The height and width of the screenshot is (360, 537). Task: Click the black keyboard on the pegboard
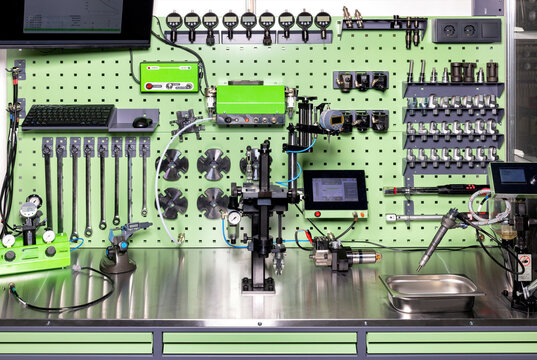[67, 116]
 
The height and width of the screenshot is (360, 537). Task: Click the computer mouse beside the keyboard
[142, 121]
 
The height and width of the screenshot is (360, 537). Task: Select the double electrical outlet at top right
[466, 31]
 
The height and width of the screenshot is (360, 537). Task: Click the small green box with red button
[169, 77]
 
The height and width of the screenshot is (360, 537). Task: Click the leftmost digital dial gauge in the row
[173, 20]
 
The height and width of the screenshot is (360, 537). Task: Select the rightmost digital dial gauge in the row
[323, 20]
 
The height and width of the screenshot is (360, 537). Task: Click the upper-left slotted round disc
[172, 164]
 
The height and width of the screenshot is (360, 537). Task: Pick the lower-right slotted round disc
[212, 202]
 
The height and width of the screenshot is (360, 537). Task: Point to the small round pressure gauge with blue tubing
[233, 217]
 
